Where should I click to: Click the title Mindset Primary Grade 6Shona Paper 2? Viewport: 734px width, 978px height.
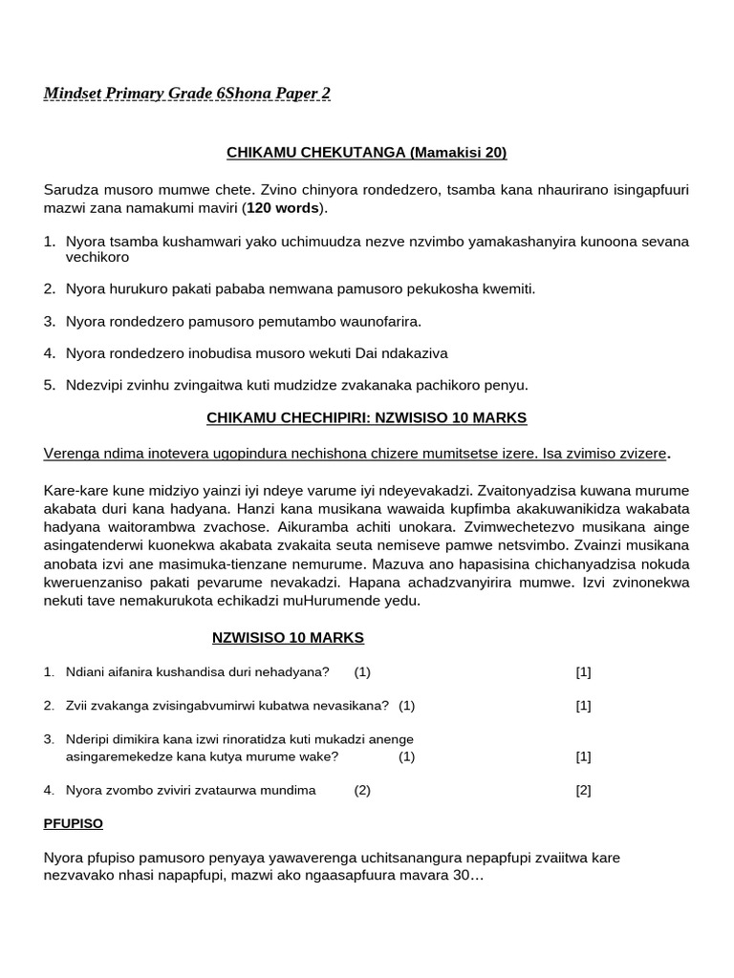tap(187, 93)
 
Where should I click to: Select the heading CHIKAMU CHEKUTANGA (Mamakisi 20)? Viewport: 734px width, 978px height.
tap(366, 152)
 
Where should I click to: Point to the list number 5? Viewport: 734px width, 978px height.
tap(50, 385)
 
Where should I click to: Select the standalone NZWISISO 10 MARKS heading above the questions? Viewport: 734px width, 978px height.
tap(288, 637)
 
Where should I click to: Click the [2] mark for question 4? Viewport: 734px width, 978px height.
tap(583, 790)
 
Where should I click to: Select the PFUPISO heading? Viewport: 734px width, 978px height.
tap(74, 822)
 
